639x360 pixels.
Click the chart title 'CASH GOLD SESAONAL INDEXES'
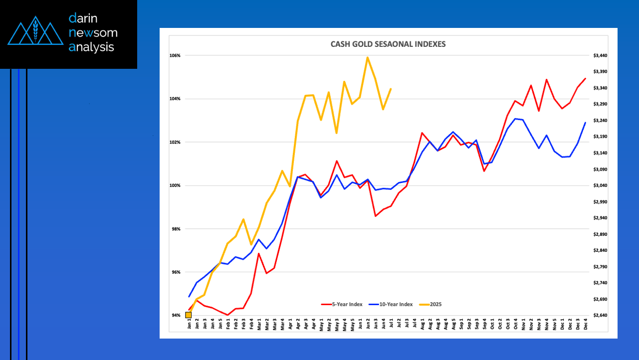point(388,44)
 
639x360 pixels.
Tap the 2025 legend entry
point(432,304)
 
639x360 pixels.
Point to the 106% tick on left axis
point(175,55)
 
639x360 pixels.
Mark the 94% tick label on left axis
point(176,316)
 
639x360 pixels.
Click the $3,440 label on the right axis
point(600,55)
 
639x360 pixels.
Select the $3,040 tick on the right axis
point(600,185)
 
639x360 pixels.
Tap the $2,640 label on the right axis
point(600,316)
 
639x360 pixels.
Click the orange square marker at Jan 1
point(188,315)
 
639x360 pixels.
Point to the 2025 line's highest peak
point(368,57)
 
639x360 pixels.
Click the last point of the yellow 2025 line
point(391,89)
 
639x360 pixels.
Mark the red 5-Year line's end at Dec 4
point(585,78)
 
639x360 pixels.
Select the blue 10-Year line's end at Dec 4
point(585,123)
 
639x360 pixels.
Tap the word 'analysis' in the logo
point(91,47)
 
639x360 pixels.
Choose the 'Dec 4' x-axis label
point(585,324)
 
